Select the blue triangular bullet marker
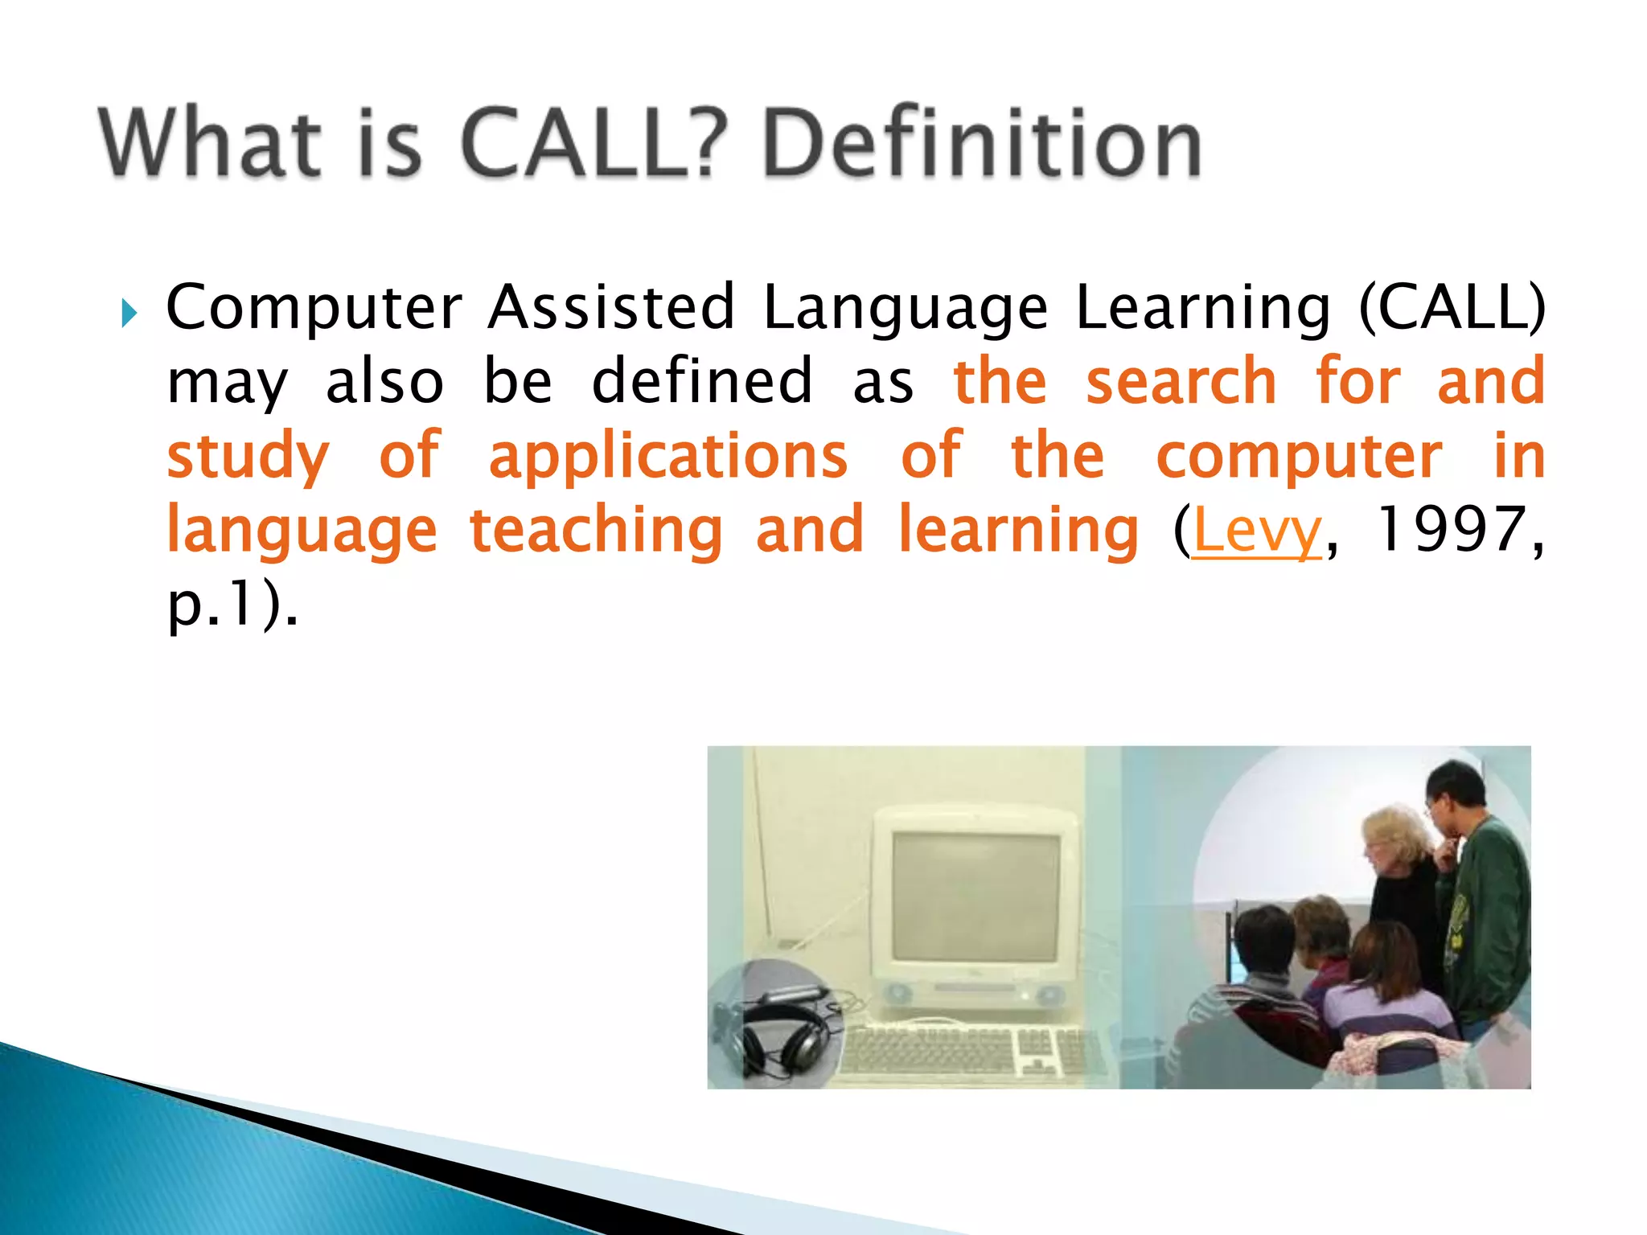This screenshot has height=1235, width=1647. (x=129, y=313)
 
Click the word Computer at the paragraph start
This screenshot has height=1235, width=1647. (x=314, y=308)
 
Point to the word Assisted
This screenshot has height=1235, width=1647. (x=611, y=308)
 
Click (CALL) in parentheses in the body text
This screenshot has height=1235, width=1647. (x=1452, y=308)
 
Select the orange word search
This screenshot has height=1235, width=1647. (x=1181, y=382)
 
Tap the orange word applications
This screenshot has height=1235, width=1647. (x=667, y=457)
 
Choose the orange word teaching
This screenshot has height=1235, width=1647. (x=596, y=531)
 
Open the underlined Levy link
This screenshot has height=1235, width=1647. (x=1256, y=531)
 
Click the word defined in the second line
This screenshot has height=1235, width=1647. (x=702, y=382)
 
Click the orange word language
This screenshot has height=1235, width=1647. (x=302, y=531)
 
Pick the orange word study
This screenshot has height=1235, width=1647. (x=248, y=457)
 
